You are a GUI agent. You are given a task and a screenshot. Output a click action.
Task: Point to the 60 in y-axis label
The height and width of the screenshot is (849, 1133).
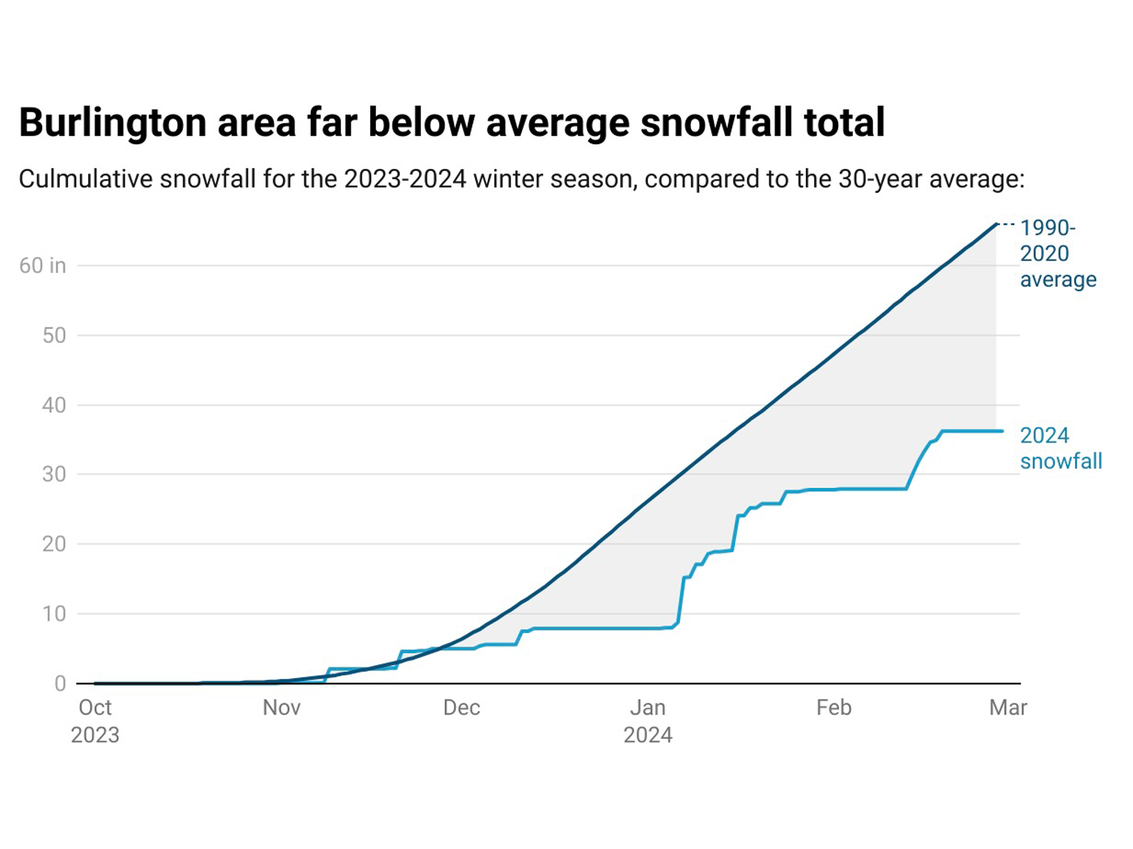click(42, 266)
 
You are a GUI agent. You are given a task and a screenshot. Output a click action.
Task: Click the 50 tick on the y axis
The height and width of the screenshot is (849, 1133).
click(54, 335)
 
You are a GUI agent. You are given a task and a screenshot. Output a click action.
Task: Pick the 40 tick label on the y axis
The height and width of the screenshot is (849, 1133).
click(54, 405)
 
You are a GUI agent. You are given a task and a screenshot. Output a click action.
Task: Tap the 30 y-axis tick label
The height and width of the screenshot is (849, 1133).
click(54, 474)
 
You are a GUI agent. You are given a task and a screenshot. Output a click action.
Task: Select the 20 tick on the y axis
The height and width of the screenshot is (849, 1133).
click(54, 544)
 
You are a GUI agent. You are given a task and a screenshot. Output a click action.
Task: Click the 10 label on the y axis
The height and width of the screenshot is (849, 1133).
click(54, 613)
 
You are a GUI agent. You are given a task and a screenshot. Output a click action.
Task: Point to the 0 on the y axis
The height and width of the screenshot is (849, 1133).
click(60, 684)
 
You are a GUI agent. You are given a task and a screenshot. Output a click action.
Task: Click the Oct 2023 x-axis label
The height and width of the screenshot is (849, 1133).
click(95, 720)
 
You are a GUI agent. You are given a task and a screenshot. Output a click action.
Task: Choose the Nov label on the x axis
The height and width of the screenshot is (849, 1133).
click(282, 708)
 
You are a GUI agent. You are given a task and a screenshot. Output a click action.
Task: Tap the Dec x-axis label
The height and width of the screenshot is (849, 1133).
click(462, 708)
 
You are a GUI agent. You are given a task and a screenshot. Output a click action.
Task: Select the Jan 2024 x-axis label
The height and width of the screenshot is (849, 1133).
click(648, 720)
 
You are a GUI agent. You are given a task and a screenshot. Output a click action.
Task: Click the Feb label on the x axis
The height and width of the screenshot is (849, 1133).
click(833, 708)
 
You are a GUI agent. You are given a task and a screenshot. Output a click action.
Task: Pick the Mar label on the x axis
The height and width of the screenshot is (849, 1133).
click(1008, 708)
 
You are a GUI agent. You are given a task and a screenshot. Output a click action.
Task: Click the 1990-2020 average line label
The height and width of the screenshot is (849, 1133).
click(1057, 253)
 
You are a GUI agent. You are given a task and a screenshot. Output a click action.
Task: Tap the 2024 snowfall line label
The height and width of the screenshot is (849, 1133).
click(1060, 448)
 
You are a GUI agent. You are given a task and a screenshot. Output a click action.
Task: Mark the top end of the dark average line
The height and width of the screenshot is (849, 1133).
click(996, 225)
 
